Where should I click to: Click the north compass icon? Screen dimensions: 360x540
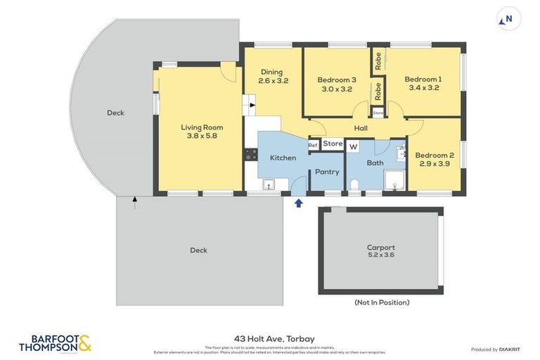(509, 19)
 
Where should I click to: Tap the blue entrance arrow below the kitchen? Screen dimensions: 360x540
(298, 203)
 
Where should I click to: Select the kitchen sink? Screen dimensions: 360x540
(268, 185)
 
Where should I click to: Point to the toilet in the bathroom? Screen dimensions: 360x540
(354, 186)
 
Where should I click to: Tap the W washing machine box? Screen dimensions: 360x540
(353, 146)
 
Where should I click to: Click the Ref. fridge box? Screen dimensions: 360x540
(314, 146)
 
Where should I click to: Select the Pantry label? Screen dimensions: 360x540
(326, 172)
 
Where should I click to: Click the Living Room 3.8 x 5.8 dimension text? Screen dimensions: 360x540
(202, 136)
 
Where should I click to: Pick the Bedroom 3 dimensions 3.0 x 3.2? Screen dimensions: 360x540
(336, 89)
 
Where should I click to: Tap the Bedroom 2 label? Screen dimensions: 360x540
(434, 155)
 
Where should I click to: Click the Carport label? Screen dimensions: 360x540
(380, 247)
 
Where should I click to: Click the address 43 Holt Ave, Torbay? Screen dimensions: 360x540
(269, 339)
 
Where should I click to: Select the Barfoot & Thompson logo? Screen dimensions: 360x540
(55, 343)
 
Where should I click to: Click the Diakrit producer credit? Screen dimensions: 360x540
(495, 349)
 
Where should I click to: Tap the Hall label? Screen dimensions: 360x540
(360, 128)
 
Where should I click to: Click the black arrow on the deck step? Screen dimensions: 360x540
(134, 202)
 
